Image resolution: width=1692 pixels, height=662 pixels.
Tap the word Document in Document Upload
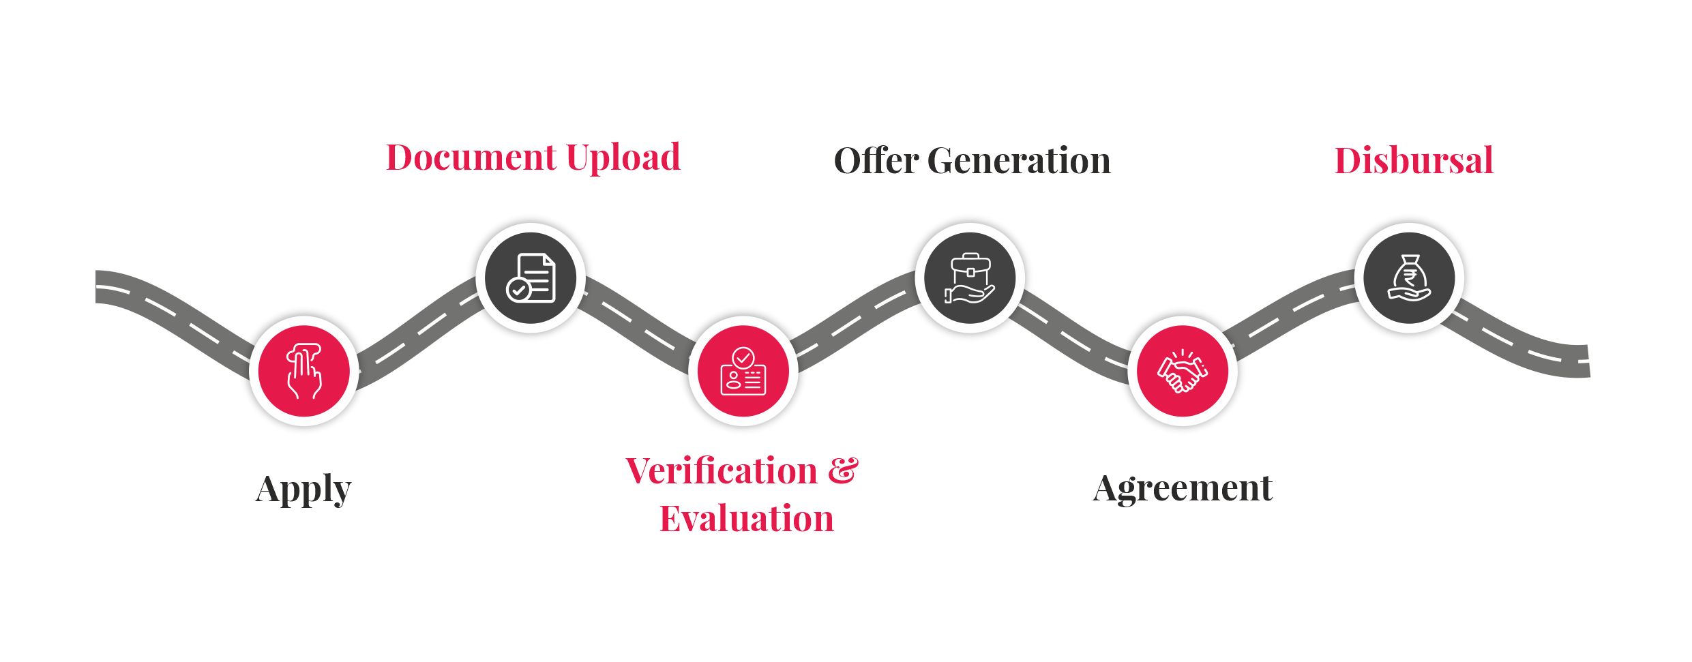471,157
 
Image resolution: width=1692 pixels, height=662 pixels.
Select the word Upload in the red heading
623,157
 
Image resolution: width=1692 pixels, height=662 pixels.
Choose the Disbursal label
1413,161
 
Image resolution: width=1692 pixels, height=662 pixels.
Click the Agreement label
1183,488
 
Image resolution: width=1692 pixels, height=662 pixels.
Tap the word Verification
722,471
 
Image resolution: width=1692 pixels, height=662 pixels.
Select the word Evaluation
746,519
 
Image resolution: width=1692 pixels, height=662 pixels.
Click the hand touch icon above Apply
304,370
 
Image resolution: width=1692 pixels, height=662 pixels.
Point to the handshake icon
1183,372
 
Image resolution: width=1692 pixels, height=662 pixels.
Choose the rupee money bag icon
1409,277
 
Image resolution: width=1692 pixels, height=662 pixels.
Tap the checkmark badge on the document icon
518,290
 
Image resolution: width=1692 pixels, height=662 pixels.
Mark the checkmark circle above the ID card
743,357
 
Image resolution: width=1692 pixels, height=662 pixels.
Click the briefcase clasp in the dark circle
970,271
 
